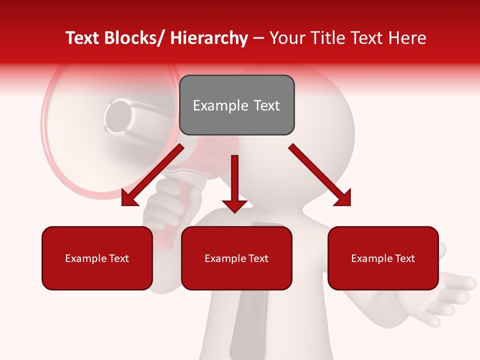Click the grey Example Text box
[x=236, y=105]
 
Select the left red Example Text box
[x=97, y=258]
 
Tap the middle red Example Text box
[x=236, y=258]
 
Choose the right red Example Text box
[x=383, y=258]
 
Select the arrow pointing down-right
[x=320, y=175]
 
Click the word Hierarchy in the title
[x=209, y=38]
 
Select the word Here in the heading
[x=406, y=38]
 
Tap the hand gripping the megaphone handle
[x=165, y=205]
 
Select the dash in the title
[x=258, y=38]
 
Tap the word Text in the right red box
[x=404, y=258]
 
